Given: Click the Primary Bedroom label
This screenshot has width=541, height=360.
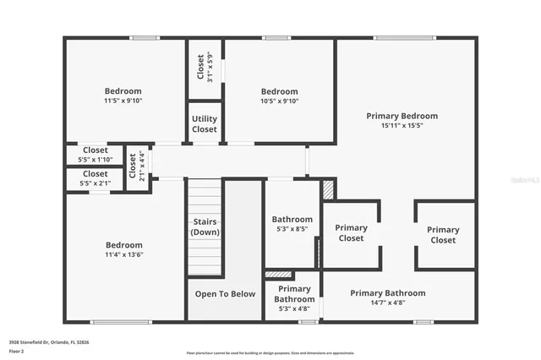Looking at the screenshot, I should tap(402, 115).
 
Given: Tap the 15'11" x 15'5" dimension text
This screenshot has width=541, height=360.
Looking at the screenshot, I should tap(402, 125).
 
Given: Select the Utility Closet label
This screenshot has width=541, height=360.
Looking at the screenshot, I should tap(205, 124).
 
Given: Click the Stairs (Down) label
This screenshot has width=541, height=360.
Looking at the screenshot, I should tap(205, 226).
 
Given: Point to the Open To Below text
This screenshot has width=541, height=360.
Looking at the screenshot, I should tap(225, 294).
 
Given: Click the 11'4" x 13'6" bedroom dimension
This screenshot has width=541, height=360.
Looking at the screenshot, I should tap(123, 254).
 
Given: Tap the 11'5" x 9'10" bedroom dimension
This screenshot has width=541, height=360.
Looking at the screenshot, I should tap(123, 101).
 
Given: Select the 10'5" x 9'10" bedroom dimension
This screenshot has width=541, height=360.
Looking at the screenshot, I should tap(279, 101).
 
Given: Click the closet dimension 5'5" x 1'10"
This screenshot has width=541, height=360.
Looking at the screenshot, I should tap(95, 159).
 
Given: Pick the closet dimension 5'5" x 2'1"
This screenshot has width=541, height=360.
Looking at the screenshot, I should tap(95, 183).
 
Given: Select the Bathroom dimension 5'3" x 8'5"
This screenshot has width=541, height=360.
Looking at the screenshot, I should tap(292, 229).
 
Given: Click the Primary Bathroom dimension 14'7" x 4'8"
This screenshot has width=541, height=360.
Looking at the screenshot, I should tap(388, 303).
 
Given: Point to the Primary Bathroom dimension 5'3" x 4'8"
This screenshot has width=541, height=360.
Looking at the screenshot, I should tap(294, 309).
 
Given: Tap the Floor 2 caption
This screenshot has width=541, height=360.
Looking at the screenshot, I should tap(16, 350).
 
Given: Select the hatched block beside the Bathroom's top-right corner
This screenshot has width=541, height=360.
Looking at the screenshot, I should tap(329, 190).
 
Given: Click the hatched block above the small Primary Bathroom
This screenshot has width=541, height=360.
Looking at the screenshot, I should tap(278, 275).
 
